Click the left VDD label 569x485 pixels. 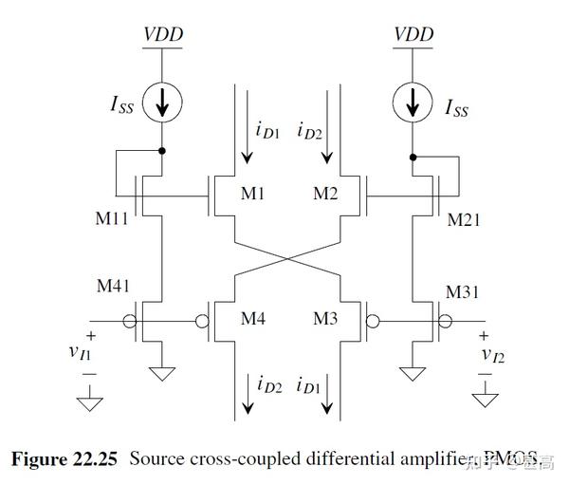164,35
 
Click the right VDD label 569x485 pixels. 413,35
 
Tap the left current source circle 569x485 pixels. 164,104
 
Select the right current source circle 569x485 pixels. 413,104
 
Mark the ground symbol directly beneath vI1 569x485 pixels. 90,405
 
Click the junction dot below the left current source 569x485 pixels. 164,150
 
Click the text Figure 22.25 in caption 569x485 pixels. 64,458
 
